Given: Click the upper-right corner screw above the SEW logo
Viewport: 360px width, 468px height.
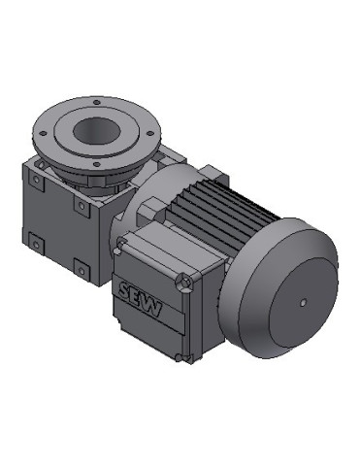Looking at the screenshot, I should tap(183, 282).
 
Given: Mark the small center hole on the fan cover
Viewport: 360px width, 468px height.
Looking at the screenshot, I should tap(303, 304).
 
